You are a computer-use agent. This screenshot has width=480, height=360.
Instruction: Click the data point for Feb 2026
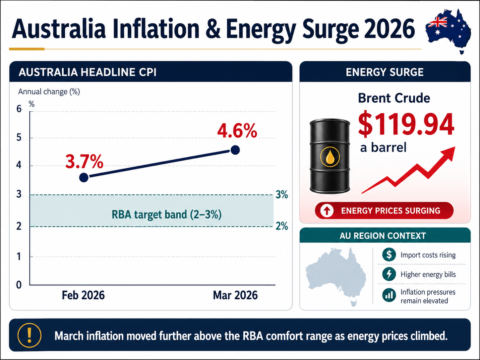click(x=84, y=177)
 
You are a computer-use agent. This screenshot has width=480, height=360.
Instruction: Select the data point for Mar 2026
click(x=235, y=150)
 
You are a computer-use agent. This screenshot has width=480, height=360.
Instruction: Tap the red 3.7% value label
click(x=84, y=161)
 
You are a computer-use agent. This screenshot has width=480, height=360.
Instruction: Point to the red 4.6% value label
click(x=237, y=131)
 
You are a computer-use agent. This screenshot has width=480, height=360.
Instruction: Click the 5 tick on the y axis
click(x=19, y=137)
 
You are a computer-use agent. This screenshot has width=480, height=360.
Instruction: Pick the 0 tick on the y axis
click(x=19, y=285)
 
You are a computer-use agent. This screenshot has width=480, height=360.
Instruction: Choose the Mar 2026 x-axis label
click(x=235, y=295)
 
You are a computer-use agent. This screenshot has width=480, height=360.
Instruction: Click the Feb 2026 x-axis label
click(x=83, y=295)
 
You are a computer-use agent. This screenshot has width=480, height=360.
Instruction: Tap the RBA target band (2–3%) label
click(x=166, y=214)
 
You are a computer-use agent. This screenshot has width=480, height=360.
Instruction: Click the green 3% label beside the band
click(x=282, y=195)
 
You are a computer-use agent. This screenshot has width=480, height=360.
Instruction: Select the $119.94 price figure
click(x=406, y=125)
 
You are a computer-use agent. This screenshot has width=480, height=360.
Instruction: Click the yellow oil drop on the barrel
click(x=330, y=157)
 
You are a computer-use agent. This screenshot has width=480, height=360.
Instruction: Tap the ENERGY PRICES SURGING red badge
click(x=384, y=210)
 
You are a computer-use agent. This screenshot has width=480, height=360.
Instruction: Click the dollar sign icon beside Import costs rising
click(x=389, y=255)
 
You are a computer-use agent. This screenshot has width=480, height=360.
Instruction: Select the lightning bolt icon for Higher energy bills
click(x=389, y=274)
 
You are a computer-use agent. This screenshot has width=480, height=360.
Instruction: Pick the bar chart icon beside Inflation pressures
click(x=389, y=295)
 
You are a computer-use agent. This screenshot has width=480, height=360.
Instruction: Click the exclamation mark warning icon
click(x=30, y=335)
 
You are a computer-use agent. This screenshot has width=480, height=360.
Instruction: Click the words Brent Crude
click(x=394, y=98)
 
